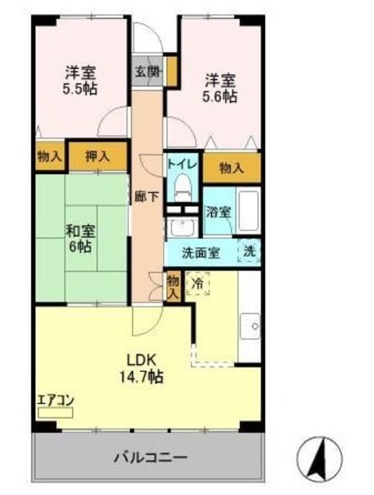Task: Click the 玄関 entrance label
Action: point(147,72)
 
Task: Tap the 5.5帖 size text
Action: point(80,89)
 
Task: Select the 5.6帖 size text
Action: point(219,96)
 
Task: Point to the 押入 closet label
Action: point(97,156)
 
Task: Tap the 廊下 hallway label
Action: point(146,197)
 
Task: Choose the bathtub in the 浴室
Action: point(249,210)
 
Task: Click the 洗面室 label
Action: point(201,253)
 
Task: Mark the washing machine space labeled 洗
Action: point(250,251)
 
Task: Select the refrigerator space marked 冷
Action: point(198,283)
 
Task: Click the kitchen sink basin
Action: point(250,326)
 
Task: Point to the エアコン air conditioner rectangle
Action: point(55,412)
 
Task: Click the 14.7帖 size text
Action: point(141,376)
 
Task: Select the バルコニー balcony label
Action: point(151,457)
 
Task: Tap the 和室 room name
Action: point(80,231)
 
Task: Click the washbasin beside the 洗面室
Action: point(182,227)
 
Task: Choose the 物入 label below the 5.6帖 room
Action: point(232,169)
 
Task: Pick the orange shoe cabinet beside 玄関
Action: point(172,71)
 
